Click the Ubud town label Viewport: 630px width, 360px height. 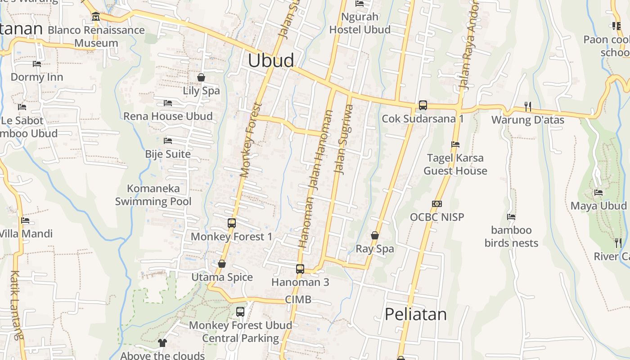271,60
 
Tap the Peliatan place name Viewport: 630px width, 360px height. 416,314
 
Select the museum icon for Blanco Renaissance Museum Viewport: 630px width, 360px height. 96,17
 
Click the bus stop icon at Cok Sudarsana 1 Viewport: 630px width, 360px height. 423,105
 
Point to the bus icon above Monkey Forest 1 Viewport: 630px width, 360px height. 232,223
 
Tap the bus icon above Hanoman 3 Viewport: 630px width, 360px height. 300,269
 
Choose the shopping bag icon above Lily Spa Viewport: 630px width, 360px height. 201,77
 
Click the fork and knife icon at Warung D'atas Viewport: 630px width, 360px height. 528,107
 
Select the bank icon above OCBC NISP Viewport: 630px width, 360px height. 436,204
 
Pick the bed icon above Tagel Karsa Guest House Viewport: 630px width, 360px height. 455,144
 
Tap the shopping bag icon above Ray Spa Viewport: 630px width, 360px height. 374,235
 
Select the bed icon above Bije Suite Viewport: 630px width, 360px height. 168,141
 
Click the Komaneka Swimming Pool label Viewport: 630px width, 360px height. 153,195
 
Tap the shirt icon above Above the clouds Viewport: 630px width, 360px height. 162,343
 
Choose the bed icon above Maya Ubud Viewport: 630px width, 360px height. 598,193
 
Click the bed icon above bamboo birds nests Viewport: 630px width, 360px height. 511,217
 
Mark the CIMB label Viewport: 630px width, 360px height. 298,300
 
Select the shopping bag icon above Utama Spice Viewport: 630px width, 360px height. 222,264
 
